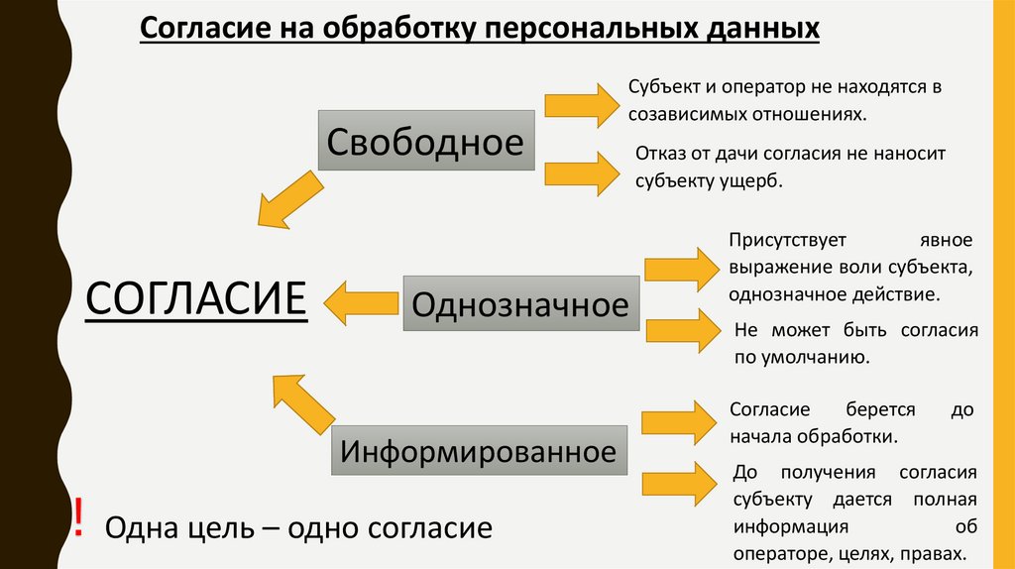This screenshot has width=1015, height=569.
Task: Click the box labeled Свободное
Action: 424,143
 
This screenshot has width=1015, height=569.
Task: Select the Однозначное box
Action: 519,303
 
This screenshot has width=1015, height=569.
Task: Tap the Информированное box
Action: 478,452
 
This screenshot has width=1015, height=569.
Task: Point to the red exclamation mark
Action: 78,516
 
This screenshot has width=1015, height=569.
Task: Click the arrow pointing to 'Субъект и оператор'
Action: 580,102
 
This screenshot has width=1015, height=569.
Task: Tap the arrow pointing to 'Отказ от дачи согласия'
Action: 580,171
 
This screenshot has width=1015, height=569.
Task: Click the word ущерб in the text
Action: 752,181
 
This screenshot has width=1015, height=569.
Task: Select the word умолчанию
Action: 817,358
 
